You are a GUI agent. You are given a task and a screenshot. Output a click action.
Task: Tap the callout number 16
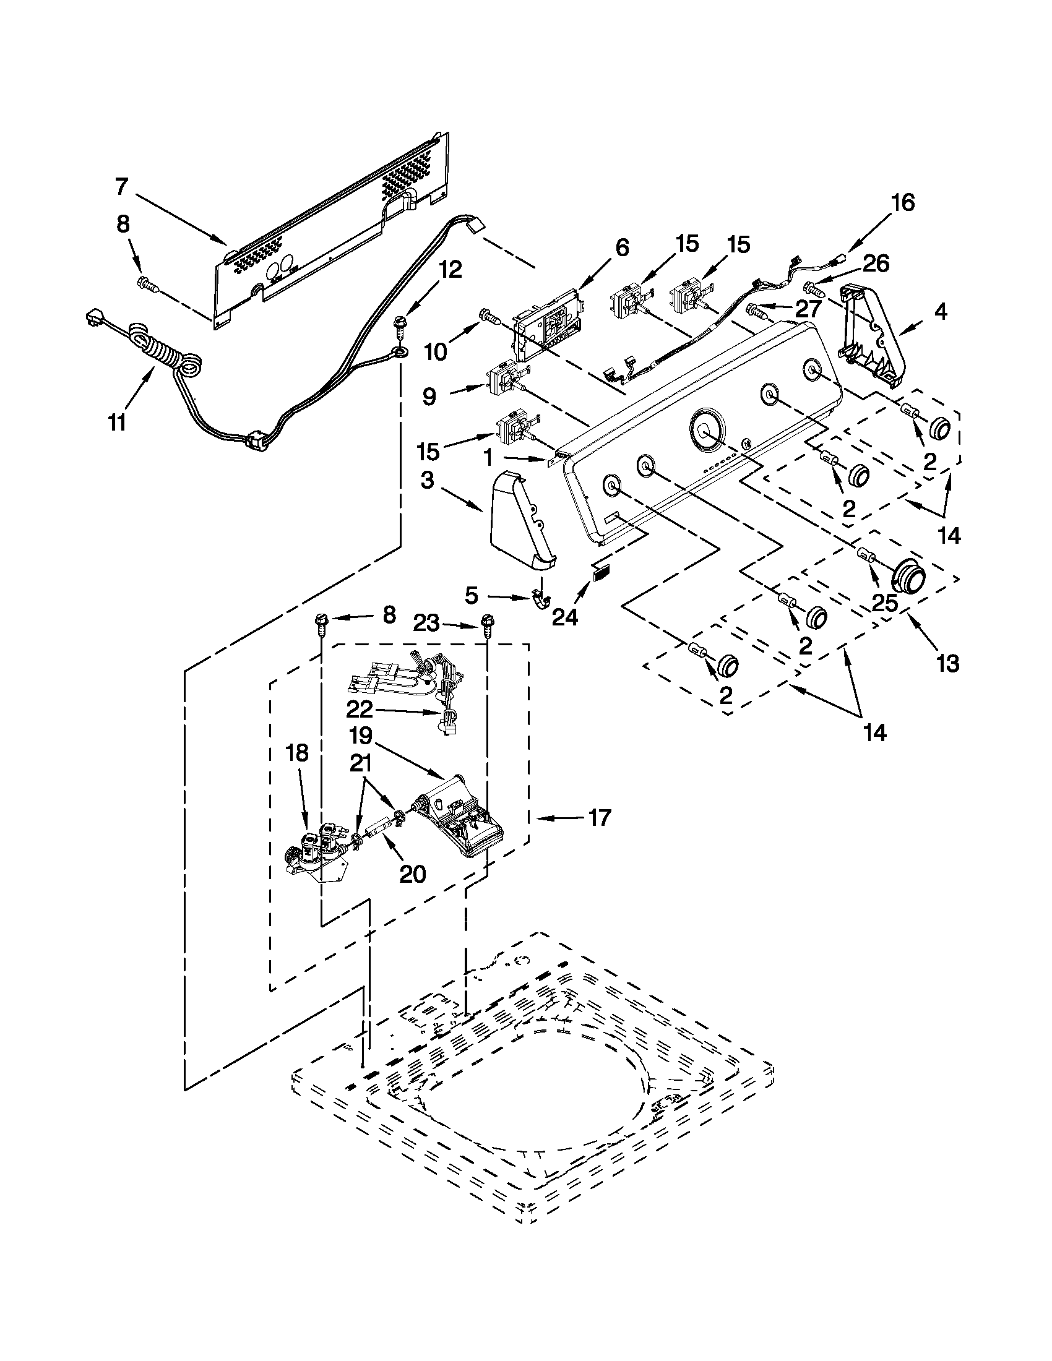(903, 202)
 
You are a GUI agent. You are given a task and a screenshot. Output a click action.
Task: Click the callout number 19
(361, 736)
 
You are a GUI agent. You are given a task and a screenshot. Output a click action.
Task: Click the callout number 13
(948, 664)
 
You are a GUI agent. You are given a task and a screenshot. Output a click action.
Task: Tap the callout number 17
(599, 817)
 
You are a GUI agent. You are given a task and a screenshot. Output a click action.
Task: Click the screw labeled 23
(488, 624)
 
